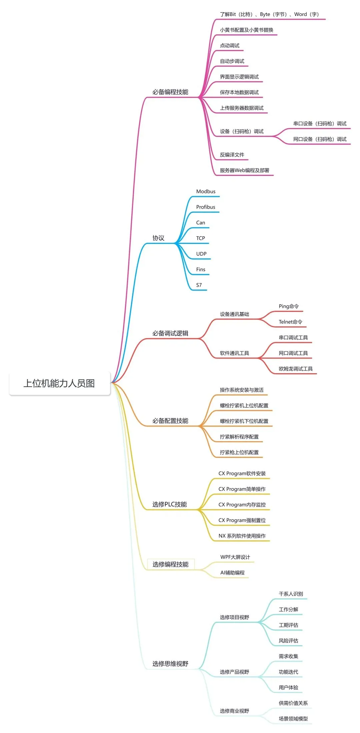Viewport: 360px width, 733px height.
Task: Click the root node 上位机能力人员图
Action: [59, 383]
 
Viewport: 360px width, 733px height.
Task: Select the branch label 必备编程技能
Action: [170, 92]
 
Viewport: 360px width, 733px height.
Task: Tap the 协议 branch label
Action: [158, 238]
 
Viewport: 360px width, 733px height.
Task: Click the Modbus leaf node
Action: [206, 192]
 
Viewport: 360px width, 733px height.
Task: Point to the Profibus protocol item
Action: [206, 207]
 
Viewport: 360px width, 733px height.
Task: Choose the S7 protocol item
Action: [199, 285]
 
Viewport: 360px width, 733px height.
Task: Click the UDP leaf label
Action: [201, 254]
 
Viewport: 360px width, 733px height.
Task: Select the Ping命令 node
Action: [289, 306]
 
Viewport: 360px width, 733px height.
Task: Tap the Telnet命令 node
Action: [290, 322]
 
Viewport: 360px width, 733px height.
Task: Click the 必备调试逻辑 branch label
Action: [170, 333]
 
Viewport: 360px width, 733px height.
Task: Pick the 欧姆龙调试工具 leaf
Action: [296, 369]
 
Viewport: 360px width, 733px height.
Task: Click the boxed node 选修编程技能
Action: [171, 564]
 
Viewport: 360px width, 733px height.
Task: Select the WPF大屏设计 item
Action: [235, 557]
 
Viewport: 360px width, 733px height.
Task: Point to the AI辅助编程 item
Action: [232, 573]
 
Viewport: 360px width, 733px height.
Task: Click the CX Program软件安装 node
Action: [242, 473]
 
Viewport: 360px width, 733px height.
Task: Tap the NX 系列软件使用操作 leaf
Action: [242, 536]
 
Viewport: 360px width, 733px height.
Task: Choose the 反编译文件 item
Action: [232, 155]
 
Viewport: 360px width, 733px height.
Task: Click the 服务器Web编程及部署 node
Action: [244, 170]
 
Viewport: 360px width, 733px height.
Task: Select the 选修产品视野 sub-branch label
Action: [234, 672]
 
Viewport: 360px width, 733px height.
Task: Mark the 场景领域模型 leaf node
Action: [293, 719]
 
